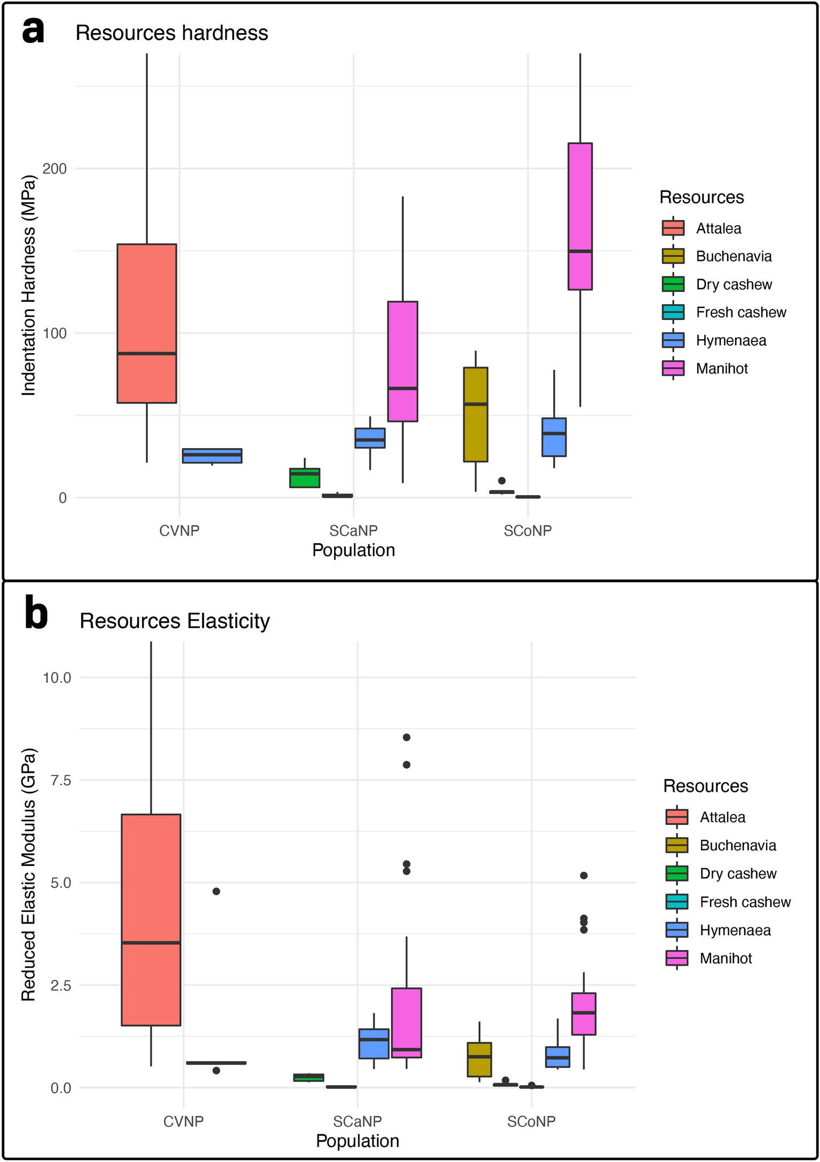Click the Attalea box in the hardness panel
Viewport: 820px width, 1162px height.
tap(147, 323)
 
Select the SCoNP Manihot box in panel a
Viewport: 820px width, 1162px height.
tap(580, 216)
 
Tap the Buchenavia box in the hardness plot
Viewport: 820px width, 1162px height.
tap(475, 414)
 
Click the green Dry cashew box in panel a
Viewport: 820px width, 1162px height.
tap(305, 478)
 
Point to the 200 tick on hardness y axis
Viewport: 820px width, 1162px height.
tap(54, 169)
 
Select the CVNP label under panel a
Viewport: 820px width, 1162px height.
tap(179, 531)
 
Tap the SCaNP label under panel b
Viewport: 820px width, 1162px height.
tap(357, 1121)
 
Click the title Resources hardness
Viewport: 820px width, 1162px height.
tap(171, 33)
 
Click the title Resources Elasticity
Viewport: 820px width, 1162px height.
tap(174, 622)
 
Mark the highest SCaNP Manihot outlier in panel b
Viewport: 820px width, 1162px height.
tap(407, 737)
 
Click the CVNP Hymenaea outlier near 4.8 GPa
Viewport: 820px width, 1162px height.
tap(216, 892)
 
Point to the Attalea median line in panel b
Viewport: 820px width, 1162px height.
tap(151, 943)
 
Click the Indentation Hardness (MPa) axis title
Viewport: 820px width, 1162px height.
tap(28, 286)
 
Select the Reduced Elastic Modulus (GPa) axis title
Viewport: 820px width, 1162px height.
tap(28, 874)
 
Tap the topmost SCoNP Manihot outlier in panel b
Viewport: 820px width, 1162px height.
tap(584, 876)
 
